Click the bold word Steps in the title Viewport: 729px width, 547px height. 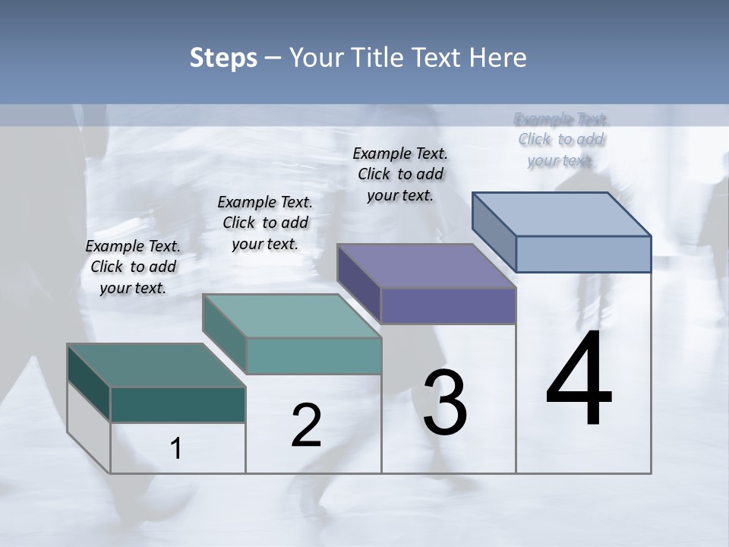[223, 58]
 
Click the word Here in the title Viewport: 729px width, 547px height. [497, 58]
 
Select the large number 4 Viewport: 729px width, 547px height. [579, 380]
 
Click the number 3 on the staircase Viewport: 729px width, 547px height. [445, 403]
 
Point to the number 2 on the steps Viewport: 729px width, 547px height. [307, 425]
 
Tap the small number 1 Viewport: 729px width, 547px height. [176, 449]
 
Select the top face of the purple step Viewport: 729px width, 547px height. [426, 267]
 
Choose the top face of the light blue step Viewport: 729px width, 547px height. [562, 214]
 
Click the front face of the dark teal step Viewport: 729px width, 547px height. [178, 404]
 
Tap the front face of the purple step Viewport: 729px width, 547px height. [448, 306]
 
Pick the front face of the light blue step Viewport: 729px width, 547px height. [583, 254]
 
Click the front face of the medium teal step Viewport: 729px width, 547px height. [314, 356]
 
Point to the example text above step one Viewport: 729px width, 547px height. [133, 267]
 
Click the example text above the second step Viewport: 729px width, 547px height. [265, 223]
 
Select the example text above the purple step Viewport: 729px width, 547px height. [400, 174]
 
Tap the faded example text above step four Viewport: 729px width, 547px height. [561, 139]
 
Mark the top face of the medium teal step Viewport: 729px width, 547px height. [292, 316]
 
